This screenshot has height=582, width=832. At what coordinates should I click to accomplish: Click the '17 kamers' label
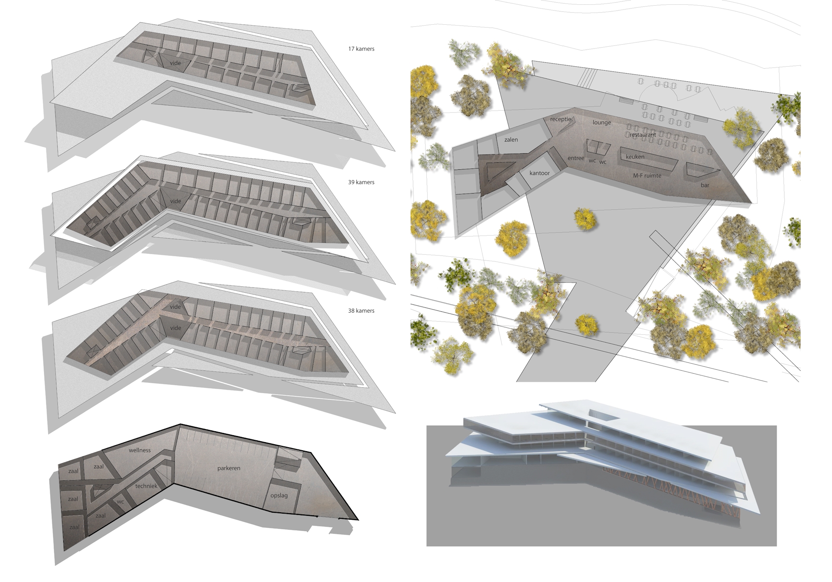[361, 49]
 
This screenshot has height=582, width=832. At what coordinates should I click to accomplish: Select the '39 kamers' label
[361, 182]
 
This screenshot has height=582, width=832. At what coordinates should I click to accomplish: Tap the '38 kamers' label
[361, 311]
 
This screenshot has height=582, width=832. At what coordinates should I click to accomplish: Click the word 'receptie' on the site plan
[561, 120]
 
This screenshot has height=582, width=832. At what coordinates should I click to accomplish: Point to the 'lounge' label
[601, 123]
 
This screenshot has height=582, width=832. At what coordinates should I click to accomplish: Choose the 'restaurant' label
[643, 135]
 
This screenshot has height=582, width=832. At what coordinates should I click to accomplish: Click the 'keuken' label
[635, 157]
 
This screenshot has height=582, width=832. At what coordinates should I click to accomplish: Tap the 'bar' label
[705, 185]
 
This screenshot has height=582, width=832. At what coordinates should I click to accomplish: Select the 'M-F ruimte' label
[647, 175]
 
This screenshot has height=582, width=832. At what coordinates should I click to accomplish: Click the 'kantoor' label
[539, 173]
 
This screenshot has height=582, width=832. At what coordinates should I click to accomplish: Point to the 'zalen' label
[511, 140]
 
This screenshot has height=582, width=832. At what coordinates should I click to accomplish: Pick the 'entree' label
[576, 158]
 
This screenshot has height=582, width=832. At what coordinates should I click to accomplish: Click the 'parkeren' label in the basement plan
[228, 469]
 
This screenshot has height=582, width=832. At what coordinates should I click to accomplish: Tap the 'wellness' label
[140, 450]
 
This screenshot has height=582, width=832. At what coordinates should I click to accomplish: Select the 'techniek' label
[146, 486]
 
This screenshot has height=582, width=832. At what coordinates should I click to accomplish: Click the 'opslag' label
[279, 495]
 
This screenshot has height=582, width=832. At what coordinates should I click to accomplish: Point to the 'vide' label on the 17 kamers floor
[175, 63]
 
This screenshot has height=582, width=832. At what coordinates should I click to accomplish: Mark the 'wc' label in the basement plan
[120, 502]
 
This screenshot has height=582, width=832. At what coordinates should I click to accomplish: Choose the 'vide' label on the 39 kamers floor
[175, 201]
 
